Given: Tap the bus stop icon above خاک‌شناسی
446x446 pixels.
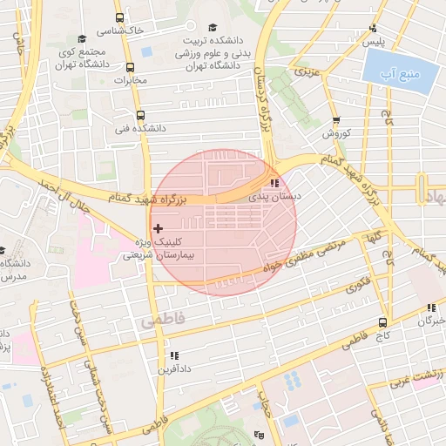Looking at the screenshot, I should [x=120, y=17].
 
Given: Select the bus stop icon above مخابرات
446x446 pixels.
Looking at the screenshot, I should [x=130, y=68].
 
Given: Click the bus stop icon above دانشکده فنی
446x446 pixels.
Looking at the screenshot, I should [x=139, y=114].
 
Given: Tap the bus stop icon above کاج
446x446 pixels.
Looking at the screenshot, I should [x=383, y=322].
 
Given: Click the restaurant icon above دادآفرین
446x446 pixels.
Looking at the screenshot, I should [x=174, y=355].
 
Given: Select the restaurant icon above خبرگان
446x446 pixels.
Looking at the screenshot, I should [x=430, y=307].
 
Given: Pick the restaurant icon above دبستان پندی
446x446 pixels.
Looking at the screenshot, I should [x=275, y=184].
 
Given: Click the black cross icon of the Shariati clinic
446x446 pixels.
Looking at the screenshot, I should [x=157, y=228].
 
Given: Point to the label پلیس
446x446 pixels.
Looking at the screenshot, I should [x=374, y=41].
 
